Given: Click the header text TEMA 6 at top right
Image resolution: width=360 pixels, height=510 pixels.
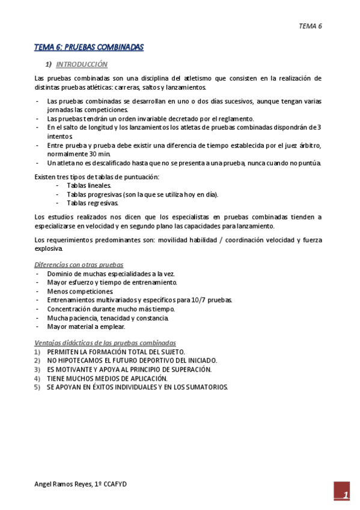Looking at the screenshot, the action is pyautogui.click(x=310, y=26).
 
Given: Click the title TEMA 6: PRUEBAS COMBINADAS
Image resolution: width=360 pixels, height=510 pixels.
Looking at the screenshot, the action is pyautogui.click(x=88, y=47).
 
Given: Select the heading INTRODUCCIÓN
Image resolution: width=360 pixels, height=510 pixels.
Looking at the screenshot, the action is pyautogui.click(x=81, y=64).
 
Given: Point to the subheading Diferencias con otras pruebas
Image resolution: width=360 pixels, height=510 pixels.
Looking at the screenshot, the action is pyautogui.click(x=78, y=265).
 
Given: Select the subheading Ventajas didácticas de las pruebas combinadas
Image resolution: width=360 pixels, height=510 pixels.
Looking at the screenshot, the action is pyautogui.click(x=105, y=343).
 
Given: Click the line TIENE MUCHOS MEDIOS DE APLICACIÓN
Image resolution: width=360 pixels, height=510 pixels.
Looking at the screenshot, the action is pyautogui.click(x=106, y=379).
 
